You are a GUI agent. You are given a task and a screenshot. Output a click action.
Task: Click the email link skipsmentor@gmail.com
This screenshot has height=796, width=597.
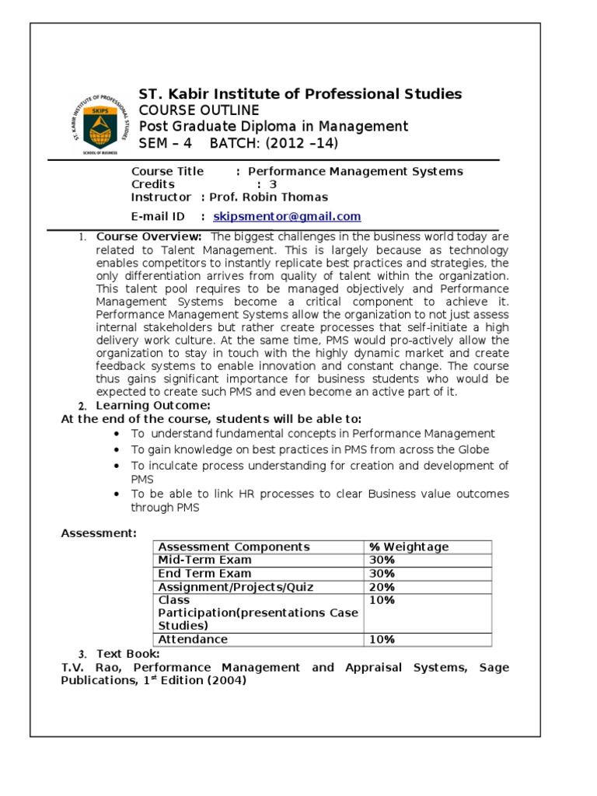[x=287, y=217]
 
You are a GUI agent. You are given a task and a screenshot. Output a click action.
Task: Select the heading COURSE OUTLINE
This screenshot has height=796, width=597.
[x=199, y=110]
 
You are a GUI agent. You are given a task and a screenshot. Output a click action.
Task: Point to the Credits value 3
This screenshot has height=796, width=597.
[x=273, y=184]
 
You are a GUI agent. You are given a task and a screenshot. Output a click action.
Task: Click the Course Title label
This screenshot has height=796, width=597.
[x=167, y=171]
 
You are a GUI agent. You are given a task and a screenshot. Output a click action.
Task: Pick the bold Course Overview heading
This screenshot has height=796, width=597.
[x=149, y=236]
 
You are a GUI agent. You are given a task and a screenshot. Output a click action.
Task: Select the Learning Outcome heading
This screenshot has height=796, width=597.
[x=152, y=406]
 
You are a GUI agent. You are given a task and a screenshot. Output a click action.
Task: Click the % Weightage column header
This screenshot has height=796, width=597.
[x=409, y=546]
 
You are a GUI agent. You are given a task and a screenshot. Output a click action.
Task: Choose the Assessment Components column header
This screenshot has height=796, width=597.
[x=234, y=546]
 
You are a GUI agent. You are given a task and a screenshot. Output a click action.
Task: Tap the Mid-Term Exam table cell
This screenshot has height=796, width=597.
[x=204, y=560]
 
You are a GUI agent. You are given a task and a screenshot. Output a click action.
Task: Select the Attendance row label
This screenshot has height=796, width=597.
[x=193, y=639]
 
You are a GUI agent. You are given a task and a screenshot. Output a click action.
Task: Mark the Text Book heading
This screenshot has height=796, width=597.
[x=128, y=653]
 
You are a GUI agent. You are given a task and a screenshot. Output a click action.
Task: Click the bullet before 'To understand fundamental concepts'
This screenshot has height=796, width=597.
[x=116, y=434]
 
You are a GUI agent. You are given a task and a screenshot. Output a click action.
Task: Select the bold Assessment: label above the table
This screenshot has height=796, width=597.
[x=99, y=532]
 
